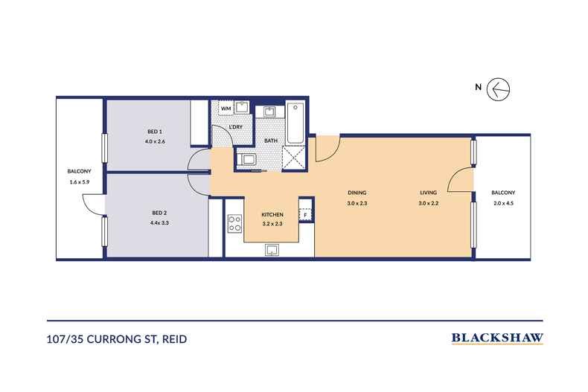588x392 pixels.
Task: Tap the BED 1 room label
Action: [x=155, y=132]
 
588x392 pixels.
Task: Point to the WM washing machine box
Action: [x=225, y=109]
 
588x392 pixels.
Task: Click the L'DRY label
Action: [x=235, y=127]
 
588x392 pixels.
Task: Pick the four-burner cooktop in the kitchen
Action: [x=234, y=223]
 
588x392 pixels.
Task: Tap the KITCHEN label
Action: [x=272, y=214]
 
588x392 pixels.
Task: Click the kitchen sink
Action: [x=272, y=249]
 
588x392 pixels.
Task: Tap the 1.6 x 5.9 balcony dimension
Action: [x=78, y=181]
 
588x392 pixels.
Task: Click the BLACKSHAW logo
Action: [x=496, y=338]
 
